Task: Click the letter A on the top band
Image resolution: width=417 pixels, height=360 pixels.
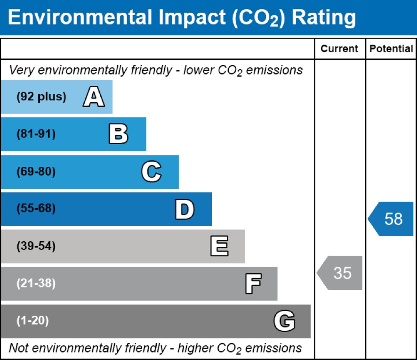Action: tap(94, 98)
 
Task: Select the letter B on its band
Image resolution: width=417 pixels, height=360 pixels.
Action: tap(118, 134)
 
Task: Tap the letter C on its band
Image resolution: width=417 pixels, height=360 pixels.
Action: tap(151, 172)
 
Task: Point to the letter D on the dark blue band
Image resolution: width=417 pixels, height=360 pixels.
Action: tap(184, 209)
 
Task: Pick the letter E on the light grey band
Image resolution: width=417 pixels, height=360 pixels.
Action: tap(219, 246)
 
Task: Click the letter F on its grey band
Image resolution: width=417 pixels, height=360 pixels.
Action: tap(253, 284)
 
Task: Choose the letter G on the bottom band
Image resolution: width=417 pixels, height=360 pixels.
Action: tap(284, 321)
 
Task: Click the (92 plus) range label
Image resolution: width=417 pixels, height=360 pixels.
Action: tap(41, 97)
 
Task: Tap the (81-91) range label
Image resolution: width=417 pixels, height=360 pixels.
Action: tap(36, 134)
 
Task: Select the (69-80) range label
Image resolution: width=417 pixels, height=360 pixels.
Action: tap(36, 172)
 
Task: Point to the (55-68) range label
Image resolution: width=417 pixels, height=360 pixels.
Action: tap(36, 209)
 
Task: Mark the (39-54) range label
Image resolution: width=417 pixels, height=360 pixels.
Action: tap(36, 246)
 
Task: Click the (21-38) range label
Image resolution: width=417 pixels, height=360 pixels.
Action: tap(36, 284)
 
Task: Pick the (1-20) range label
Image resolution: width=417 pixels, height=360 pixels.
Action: tap(32, 321)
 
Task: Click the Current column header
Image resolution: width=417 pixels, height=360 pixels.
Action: tap(339, 49)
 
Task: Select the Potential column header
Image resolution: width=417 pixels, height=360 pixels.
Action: tap(391, 49)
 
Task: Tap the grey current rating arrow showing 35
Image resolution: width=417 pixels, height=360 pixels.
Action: tap(340, 273)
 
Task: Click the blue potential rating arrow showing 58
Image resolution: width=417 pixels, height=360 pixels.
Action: tap(391, 219)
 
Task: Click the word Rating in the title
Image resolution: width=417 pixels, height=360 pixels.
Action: tap(324, 17)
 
